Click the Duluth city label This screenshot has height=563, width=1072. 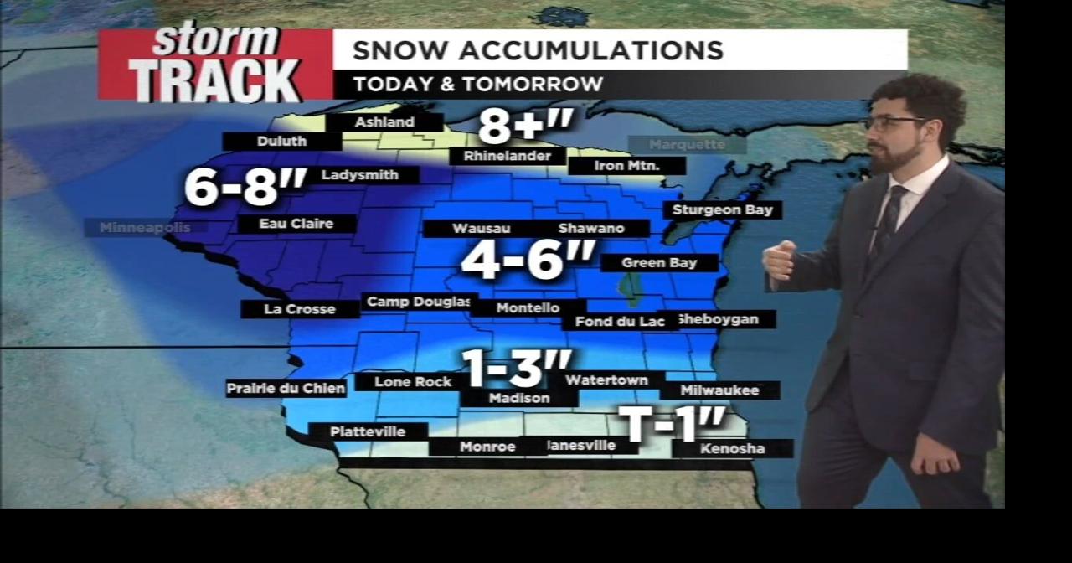coord(281,142)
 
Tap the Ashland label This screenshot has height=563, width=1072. coord(384,122)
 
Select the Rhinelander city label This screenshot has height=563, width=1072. coord(508,156)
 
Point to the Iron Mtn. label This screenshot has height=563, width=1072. coord(627,166)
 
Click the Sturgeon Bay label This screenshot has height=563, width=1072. coord(722,209)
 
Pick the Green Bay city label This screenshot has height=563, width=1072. coord(659,263)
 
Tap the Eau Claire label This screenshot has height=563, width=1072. coord(296,224)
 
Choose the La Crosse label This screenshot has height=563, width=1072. coord(300,309)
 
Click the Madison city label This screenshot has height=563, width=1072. coord(519,398)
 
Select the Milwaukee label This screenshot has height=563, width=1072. coord(719,390)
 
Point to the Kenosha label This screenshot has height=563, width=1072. coord(732,449)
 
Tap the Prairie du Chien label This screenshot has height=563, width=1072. coord(286,389)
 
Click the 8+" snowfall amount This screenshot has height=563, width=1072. coord(525,127)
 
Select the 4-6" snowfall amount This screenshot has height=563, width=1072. coord(528,261)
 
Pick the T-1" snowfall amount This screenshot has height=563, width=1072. coord(671,424)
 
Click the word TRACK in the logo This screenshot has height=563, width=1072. coord(215,80)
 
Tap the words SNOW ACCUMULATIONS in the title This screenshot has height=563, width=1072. coord(538,50)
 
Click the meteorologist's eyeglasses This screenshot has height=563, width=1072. coord(894,122)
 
